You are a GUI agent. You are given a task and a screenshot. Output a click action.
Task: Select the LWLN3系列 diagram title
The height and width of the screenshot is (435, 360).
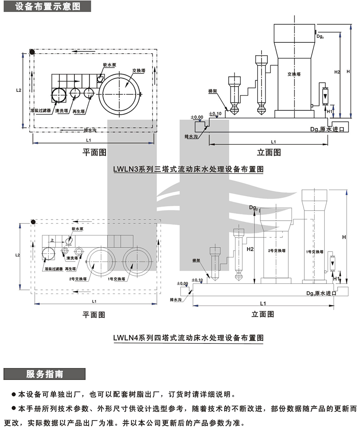coord(188,169)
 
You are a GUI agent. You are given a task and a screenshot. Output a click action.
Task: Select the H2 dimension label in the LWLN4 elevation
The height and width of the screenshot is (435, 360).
coord(250,249)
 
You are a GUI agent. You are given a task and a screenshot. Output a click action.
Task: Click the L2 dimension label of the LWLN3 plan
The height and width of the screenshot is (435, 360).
coord(18,90)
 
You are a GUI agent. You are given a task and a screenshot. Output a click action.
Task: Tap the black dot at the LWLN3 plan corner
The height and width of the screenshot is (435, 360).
coord(32,52)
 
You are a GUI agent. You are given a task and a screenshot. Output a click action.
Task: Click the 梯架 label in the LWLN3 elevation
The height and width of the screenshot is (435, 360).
coord(212,91)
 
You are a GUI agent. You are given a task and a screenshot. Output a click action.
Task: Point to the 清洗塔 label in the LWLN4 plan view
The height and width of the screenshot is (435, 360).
coord(72,257)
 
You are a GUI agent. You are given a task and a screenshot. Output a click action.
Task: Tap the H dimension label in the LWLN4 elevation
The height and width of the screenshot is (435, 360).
coord(343,237)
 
